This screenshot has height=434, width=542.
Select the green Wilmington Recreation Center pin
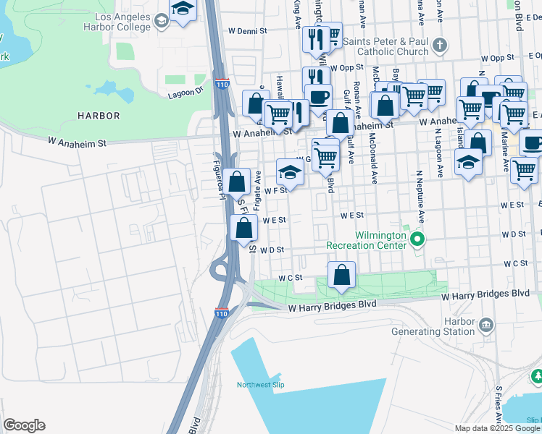click(x=416, y=238)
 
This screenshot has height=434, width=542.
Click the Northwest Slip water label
click(x=258, y=385)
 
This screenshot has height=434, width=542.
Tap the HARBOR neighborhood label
click(x=99, y=116)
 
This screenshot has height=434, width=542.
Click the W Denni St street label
click(x=248, y=32)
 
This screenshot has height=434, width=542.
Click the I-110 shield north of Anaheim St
click(x=222, y=85)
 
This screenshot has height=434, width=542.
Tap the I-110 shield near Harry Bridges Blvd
click(x=222, y=313)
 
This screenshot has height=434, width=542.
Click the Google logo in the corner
click(x=24, y=425)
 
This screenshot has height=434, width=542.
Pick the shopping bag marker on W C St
click(x=341, y=276)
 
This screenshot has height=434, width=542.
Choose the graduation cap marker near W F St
click(x=290, y=172)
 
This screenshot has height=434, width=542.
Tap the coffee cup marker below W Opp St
click(x=317, y=97)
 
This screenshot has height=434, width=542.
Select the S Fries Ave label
click(x=499, y=406)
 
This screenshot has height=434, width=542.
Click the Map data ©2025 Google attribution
click(x=497, y=428)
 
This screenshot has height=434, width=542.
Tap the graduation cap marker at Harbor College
click(x=183, y=9)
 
